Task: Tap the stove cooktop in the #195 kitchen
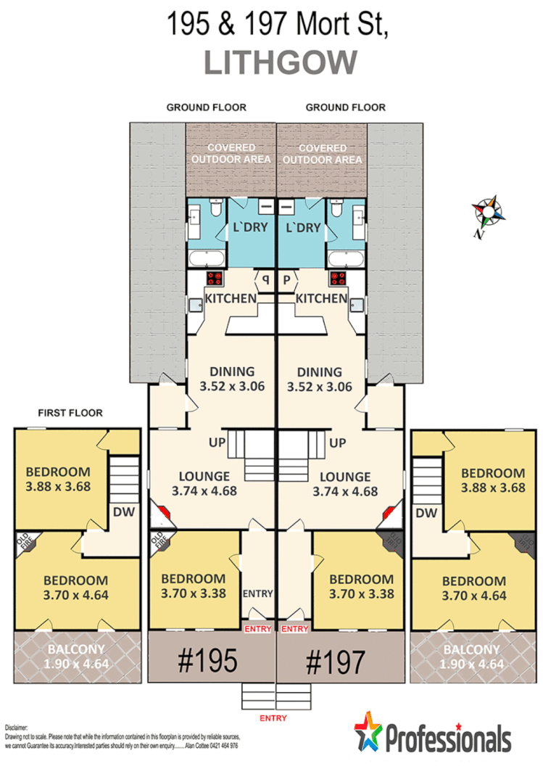pyautogui.click(x=215, y=279)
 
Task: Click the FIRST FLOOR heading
pyautogui.click(x=70, y=413)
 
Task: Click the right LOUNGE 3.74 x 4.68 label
pyautogui.click(x=345, y=483)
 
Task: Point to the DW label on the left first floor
pyautogui.click(x=121, y=512)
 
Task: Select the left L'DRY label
pyautogui.click(x=249, y=227)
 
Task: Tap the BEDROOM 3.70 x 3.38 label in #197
pyautogui.click(x=361, y=586)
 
